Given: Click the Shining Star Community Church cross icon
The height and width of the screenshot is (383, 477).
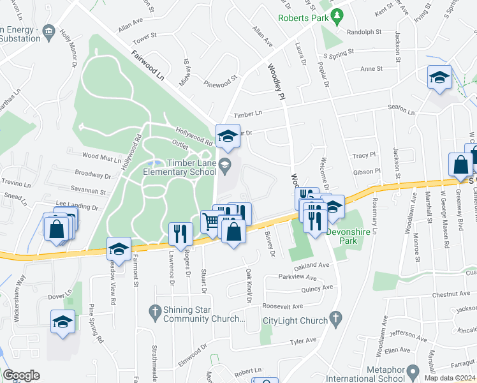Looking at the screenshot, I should [154, 312].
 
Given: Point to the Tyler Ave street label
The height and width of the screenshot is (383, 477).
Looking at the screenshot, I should [303, 341].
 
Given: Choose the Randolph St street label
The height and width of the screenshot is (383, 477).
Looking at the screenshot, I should [363, 31].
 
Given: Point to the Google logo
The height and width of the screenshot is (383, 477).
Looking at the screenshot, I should [21, 375].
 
